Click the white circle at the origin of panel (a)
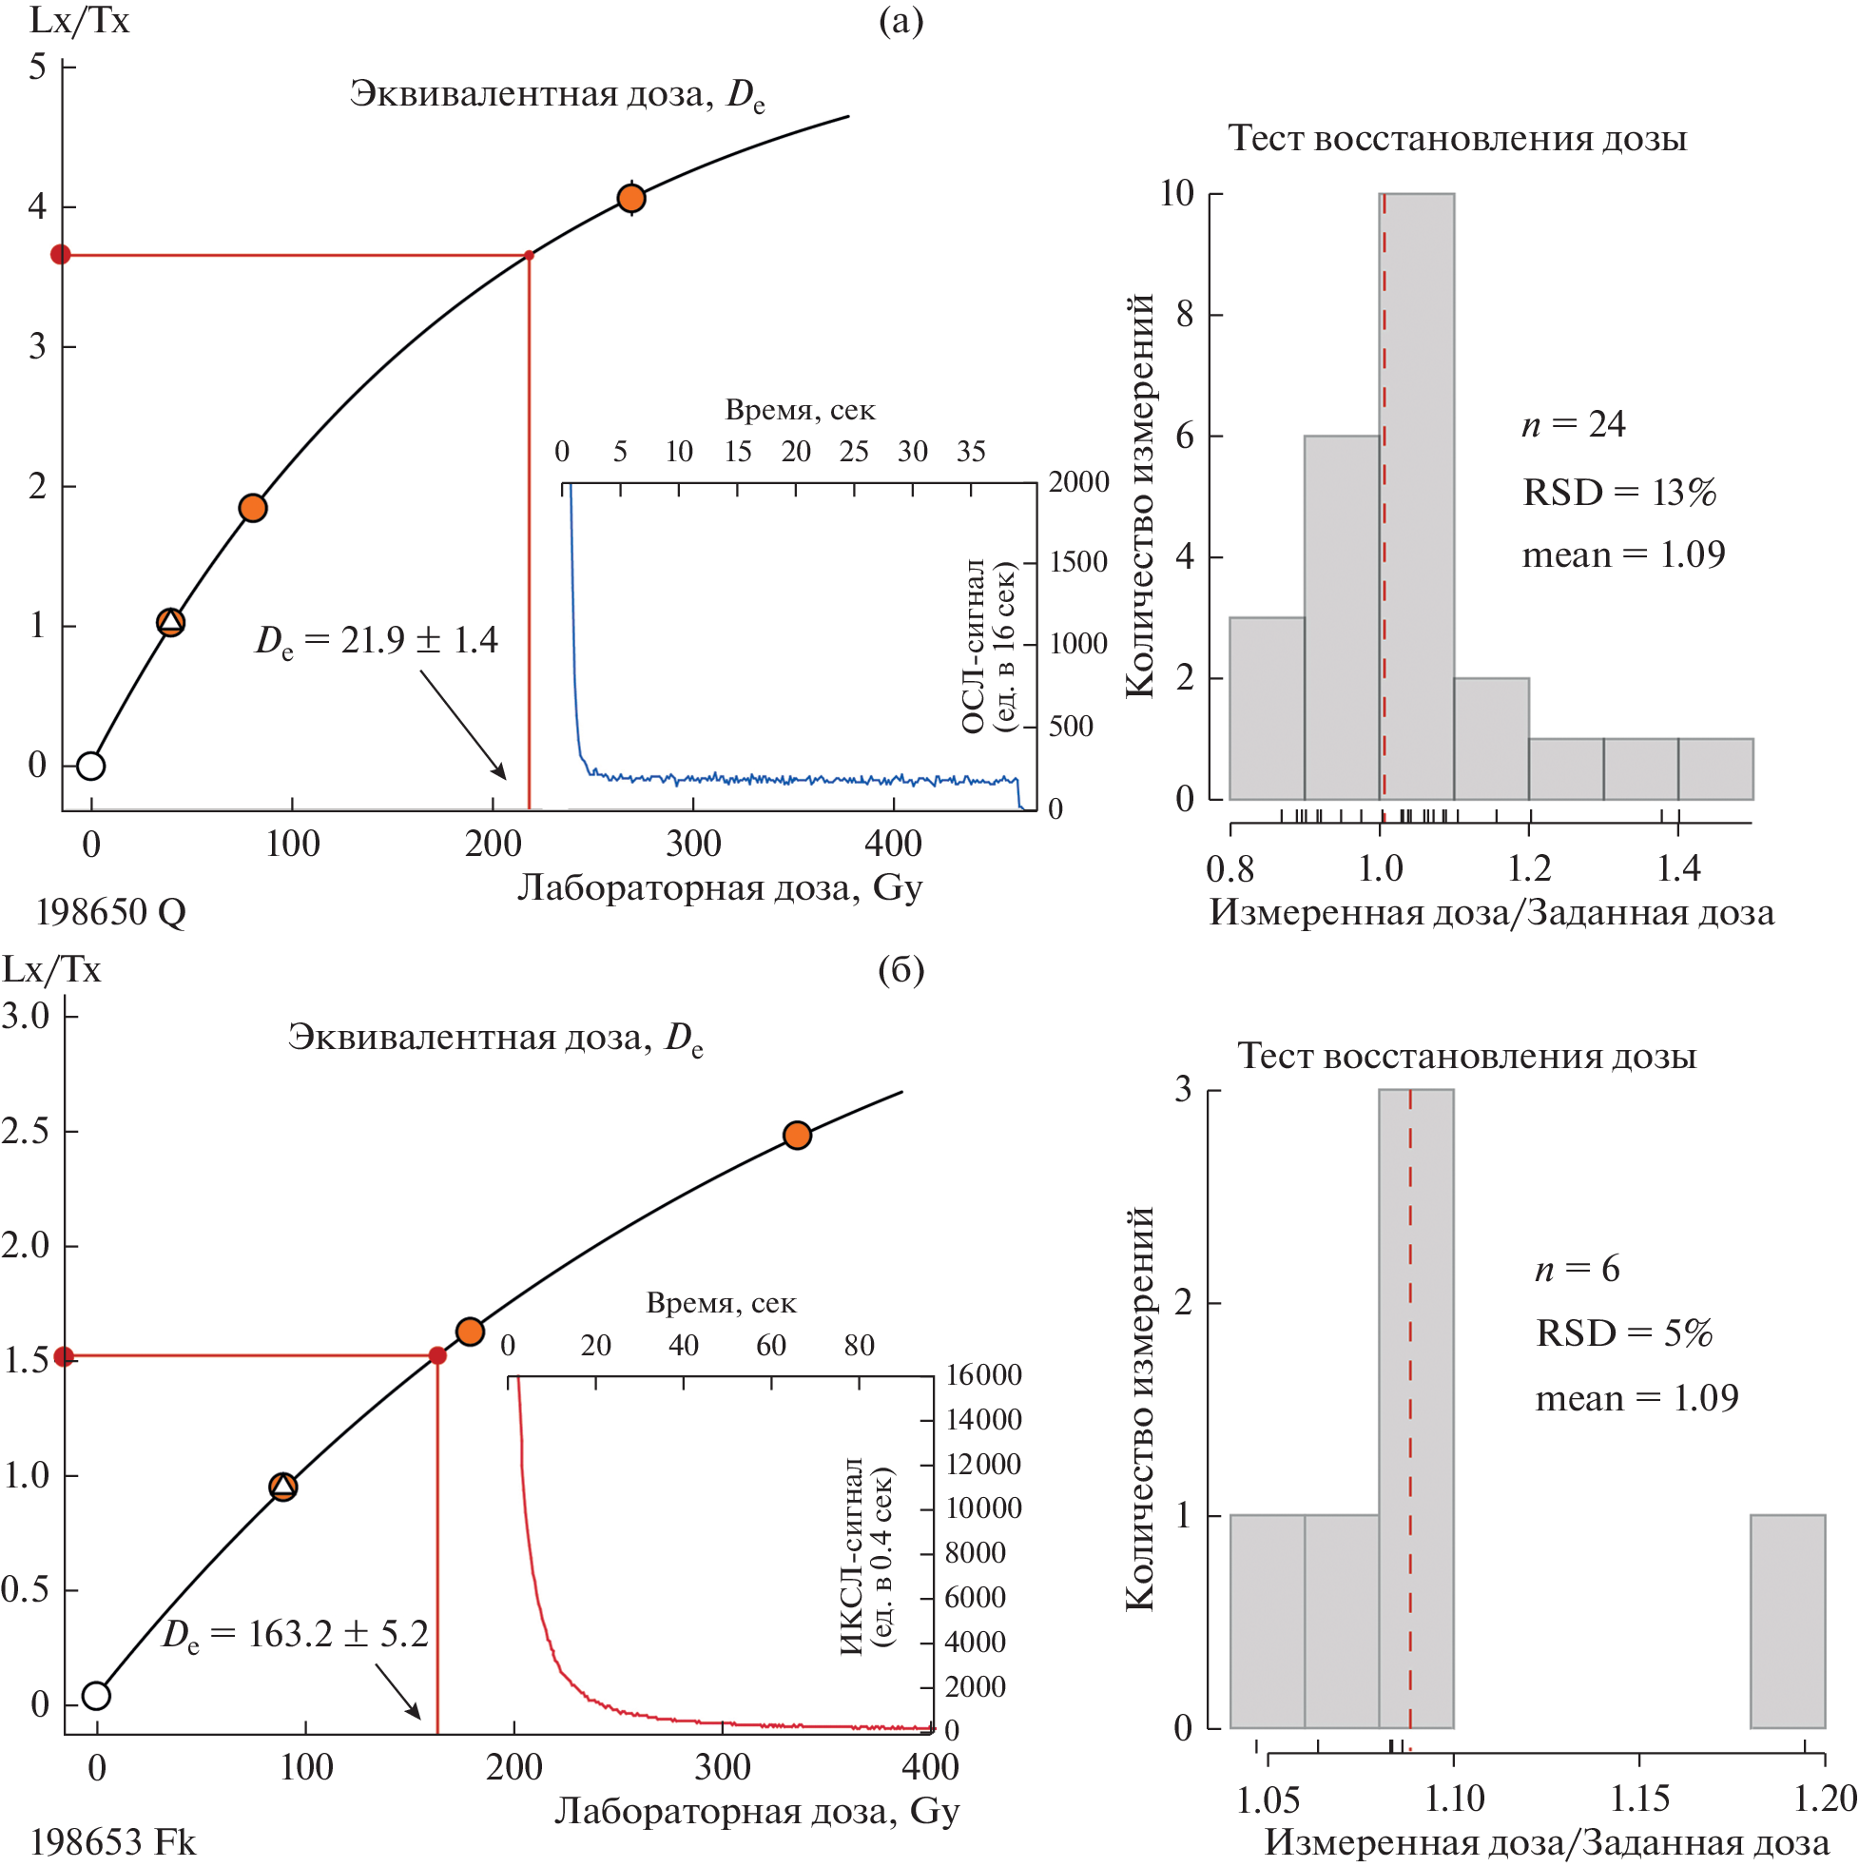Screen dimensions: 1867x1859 click(91, 766)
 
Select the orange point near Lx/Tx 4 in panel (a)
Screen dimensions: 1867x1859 click(631, 198)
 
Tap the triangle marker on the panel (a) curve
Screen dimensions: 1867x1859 click(170, 621)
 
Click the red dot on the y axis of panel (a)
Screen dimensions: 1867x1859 click(61, 254)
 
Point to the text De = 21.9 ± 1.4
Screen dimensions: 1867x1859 click(376, 640)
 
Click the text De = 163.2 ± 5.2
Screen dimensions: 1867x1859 click(295, 1633)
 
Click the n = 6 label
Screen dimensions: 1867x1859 click(1577, 1268)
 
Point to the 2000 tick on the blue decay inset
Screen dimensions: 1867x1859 click(1078, 481)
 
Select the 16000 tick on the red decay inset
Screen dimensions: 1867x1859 click(982, 1374)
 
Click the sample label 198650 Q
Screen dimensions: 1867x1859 click(110, 911)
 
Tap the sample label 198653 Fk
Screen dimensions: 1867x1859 click(113, 1843)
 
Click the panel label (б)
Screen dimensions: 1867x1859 click(900, 969)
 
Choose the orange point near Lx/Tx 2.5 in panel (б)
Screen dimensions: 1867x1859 click(796, 1136)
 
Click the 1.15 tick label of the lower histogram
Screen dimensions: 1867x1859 click(1639, 1799)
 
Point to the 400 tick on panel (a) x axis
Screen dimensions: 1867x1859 click(893, 844)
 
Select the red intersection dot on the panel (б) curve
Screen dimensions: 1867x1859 click(436, 1356)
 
